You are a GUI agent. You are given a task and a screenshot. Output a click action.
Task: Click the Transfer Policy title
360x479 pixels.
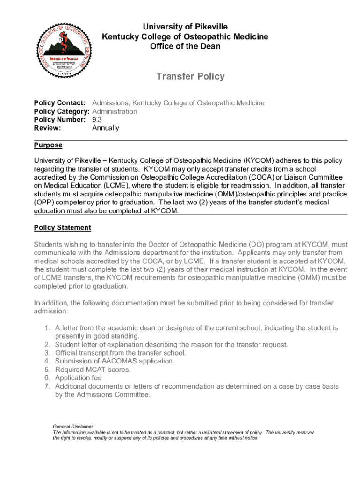[x=190, y=76]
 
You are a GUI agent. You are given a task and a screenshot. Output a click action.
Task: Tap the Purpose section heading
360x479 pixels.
[x=48, y=145]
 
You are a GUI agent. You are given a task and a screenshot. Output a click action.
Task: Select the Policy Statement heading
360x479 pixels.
[x=63, y=228]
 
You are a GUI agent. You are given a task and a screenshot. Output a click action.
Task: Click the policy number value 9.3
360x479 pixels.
[x=97, y=120]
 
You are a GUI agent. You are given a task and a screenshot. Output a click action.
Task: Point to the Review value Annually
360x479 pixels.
[x=106, y=128]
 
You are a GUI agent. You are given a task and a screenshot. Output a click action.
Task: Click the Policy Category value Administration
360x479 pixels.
[x=115, y=111]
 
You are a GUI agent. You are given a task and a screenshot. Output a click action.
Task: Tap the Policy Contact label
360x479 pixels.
[x=59, y=103]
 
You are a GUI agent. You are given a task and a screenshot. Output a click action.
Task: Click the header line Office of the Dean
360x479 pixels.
[x=185, y=46]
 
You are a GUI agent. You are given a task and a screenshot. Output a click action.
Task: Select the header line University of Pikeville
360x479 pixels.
[x=185, y=27]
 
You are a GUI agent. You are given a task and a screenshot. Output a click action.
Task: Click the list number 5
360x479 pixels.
[x=47, y=370]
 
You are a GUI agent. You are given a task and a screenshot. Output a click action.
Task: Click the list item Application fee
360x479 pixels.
[x=78, y=378]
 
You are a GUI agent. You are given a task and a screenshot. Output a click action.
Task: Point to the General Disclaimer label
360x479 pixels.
[x=73, y=427]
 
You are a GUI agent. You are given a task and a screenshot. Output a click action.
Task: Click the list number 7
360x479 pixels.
[x=47, y=386]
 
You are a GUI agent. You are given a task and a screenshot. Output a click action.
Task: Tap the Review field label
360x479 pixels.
[x=47, y=128]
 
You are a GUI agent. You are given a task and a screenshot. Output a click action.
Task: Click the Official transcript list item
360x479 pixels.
[x=120, y=353]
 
